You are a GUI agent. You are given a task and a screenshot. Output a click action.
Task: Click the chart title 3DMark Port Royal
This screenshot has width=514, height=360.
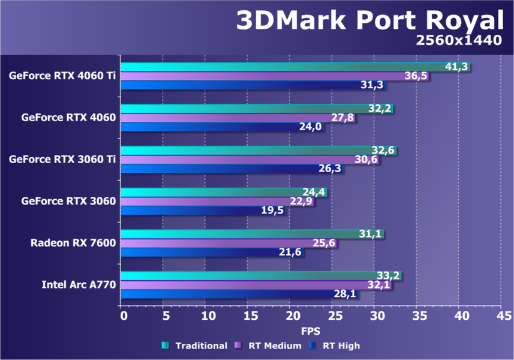(x=368, y=21)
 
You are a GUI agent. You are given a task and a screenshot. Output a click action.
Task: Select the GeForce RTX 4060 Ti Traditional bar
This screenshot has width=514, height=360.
(x=282, y=67)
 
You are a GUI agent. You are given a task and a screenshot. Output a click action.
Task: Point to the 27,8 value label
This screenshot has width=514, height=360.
(x=344, y=118)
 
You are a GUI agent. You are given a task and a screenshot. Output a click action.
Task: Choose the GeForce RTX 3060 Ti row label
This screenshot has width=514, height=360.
(x=62, y=159)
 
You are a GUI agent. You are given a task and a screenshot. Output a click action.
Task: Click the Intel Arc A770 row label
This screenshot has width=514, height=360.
(x=78, y=284)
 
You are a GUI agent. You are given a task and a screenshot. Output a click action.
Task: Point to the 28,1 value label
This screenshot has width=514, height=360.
(x=345, y=294)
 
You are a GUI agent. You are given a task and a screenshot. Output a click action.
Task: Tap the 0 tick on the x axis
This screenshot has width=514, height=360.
(x=123, y=315)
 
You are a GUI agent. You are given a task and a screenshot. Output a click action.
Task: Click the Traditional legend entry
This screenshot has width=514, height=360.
(x=194, y=346)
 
